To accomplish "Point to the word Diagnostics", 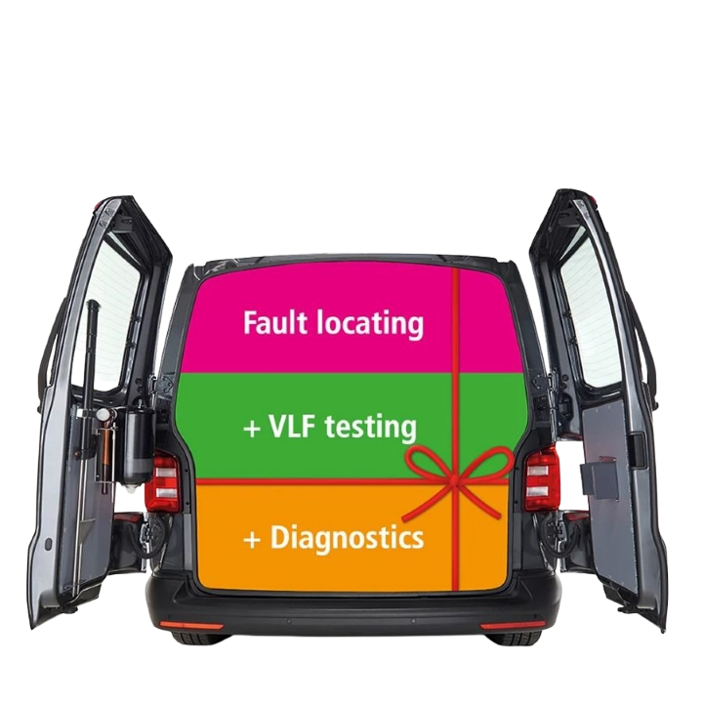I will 346,537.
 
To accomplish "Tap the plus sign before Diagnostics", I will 251,538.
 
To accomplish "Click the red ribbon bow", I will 456,470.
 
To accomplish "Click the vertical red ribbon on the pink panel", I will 453,322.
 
